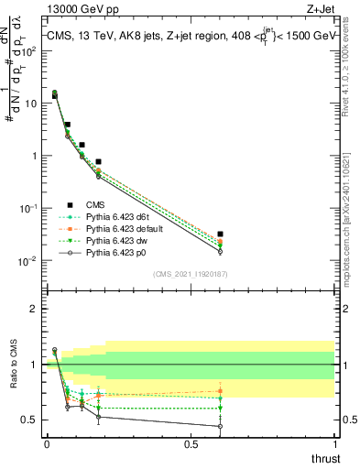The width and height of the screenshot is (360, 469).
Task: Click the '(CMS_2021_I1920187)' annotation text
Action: (x=191, y=274)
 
